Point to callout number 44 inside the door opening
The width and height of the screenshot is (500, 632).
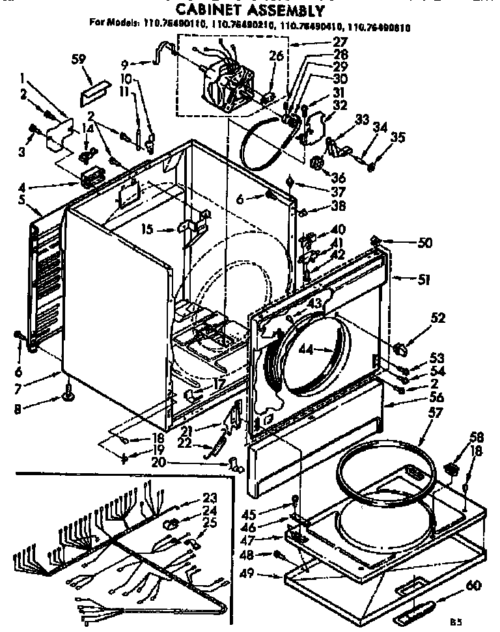307,350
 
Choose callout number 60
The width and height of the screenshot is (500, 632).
474,586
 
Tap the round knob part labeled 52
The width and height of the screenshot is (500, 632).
402,350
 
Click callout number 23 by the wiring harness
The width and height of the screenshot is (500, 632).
210,495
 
